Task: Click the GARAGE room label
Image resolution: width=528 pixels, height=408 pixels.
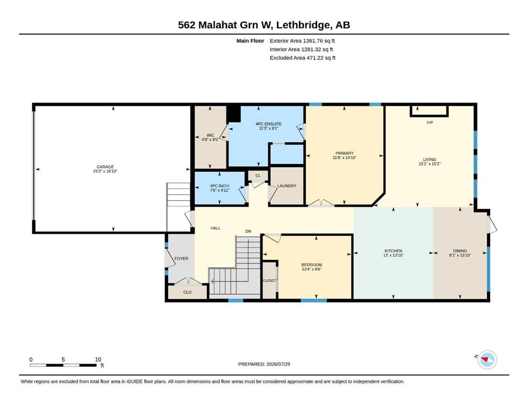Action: [105, 166]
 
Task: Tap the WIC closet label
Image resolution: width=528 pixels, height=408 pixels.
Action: [211, 135]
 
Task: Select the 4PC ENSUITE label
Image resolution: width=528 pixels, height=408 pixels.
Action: [269, 124]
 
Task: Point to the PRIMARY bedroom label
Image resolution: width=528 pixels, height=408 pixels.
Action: [345, 153]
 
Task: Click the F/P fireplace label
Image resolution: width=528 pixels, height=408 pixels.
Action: [430, 122]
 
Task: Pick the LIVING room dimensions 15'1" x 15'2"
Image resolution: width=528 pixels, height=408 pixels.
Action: [430, 164]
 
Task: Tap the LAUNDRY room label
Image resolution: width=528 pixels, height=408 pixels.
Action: [287, 185]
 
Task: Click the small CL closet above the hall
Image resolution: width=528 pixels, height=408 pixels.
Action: [258, 175]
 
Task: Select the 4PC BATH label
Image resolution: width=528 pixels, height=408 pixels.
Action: [220, 185]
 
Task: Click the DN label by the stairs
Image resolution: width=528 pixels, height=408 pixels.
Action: [248, 231]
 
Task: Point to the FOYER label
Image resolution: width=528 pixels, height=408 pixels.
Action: [181, 258]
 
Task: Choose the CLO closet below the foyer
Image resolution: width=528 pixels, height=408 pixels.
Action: [187, 292]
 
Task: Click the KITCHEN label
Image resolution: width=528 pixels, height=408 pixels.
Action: [393, 251]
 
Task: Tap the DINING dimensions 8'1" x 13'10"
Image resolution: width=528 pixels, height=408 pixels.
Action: [460, 255]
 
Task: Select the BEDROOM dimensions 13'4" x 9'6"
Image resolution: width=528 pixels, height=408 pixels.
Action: [312, 269]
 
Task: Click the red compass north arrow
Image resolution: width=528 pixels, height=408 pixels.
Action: [485, 360]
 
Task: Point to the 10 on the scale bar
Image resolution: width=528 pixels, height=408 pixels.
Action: [98, 359]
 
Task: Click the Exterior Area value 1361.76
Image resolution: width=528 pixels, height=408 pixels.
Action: [313, 41]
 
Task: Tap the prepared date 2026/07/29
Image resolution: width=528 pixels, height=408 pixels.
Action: [278, 364]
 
